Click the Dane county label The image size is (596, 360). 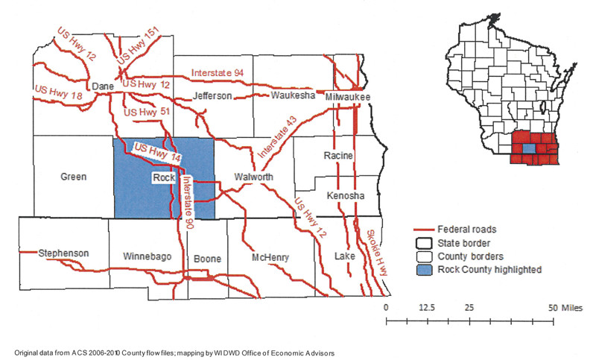[101, 86]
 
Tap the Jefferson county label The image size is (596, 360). [214, 96]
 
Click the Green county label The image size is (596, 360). [74, 177]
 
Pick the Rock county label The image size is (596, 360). [162, 178]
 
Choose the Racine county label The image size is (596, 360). [338, 156]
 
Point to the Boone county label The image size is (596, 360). [207, 259]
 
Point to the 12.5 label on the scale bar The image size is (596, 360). [427, 308]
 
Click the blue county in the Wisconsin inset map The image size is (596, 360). [527, 149]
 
